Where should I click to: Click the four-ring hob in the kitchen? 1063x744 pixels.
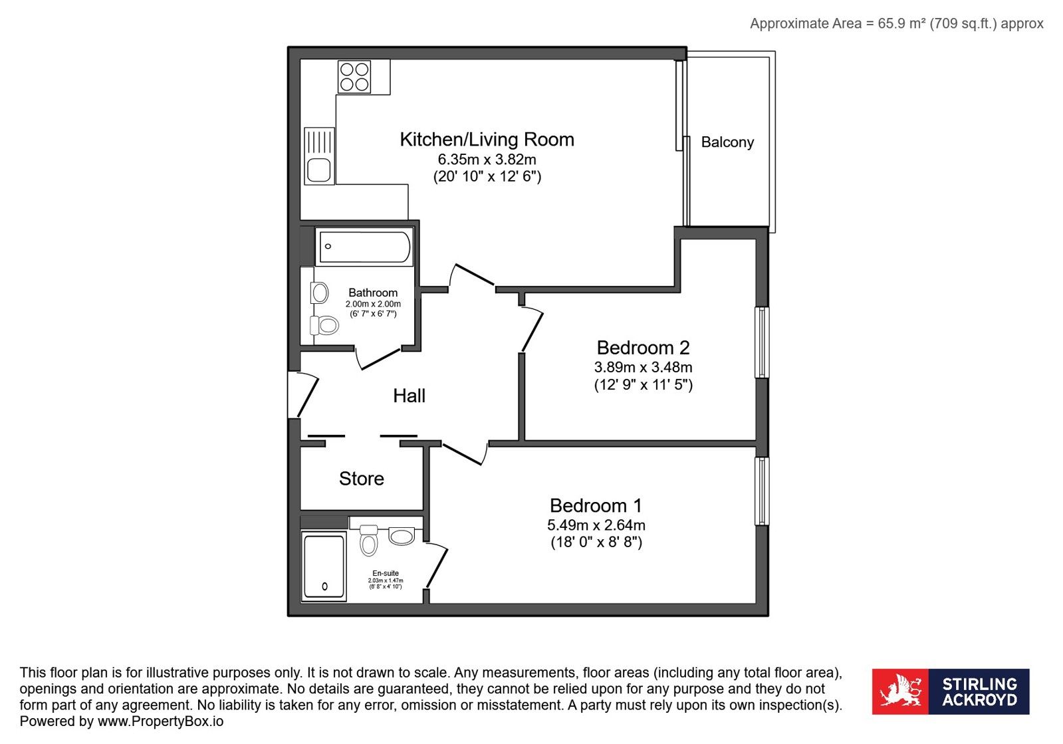coord(354,77)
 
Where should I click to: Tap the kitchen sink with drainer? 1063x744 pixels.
coord(319,156)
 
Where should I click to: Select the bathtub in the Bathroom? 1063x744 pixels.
coord(364,247)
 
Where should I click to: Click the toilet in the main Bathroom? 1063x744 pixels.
coord(324,326)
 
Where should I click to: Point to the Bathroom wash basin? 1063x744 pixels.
coord(319,293)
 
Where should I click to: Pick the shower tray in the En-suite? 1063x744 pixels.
coord(324,566)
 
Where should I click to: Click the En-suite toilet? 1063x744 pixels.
coord(369,540)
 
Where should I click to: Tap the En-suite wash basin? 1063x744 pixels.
coord(402,536)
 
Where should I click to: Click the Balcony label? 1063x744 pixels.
coord(727,142)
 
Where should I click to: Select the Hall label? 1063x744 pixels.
coord(409,396)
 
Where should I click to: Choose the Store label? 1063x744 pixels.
coord(362,478)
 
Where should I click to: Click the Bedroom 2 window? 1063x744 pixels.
coord(762,342)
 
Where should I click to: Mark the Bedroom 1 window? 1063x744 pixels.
coord(762,491)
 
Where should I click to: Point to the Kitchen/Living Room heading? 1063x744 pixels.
coord(487,140)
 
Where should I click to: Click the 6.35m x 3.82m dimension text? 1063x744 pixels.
coord(487,159)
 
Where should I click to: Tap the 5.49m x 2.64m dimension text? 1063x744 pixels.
coord(596,525)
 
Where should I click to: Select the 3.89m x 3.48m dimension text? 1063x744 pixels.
coord(643,367)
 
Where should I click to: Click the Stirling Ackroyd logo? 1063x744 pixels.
coord(951,691)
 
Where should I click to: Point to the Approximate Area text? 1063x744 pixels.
coord(896,24)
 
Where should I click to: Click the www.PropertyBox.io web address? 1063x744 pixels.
coord(160,721)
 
